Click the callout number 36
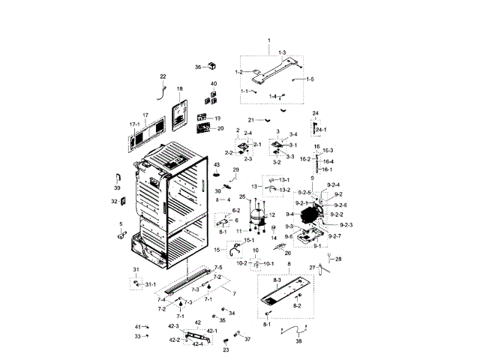click(199, 67)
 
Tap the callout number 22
click(163, 76)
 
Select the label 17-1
click(135, 124)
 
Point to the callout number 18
click(179, 89)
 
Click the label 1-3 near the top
click(282, 52)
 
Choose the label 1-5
click(310, 79)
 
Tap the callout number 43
click(217, 164)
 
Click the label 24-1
click(319, 129)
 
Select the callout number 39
click(117, 187)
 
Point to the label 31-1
click(150, 284)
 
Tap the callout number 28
click(337, 259)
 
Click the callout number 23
click(225, 349)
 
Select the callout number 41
click(137, 328)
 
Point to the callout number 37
click(248, 339)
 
